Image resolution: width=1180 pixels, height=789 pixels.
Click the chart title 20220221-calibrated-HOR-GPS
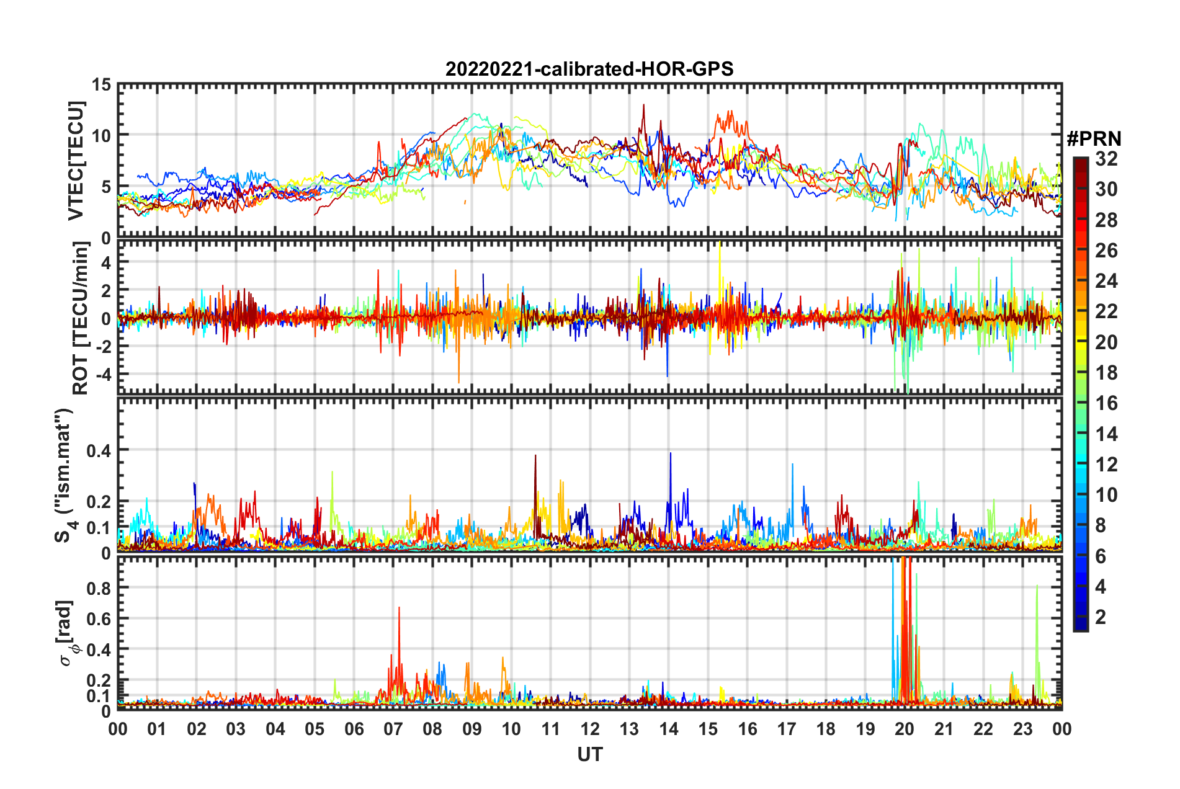(x=589, y=69)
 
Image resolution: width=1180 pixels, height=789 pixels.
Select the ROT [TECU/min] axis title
(x=81, y=318)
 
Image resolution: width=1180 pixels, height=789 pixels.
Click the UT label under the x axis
(x=589, y=754)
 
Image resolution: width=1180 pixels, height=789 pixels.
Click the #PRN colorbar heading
(x=1094, y=139)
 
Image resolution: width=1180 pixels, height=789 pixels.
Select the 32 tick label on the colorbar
(x=1106, y=159)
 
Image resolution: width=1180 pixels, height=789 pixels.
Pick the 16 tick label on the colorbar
(x=1106, y=403)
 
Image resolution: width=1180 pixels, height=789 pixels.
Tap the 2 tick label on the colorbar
(x=1101, y=617)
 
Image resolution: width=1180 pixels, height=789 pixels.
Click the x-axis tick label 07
(x=393, y=729)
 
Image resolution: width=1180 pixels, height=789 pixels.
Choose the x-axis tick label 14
(x=669, y=729)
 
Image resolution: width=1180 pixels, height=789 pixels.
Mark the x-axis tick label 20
(x=905, y=729)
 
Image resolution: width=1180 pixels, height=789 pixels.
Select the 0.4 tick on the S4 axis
(x=99, y=450)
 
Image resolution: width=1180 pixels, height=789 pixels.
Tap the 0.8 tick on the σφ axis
(x=99, y=588)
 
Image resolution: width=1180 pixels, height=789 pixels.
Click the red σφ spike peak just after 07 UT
(x=399, y=608)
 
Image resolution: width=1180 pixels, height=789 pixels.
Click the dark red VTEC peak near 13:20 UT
(x=643, y=105)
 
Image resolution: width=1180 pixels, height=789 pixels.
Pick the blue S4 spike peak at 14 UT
(x=670, y=453)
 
